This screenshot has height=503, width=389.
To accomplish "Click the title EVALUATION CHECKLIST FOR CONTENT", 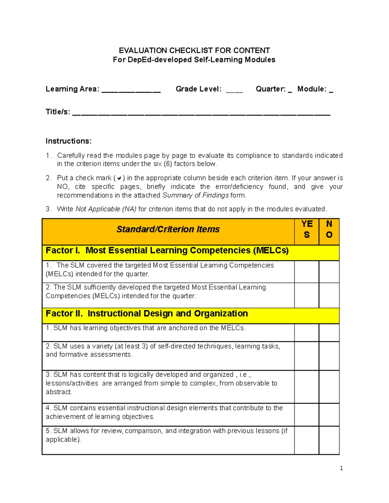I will pyautogui.click(x=194, y=51).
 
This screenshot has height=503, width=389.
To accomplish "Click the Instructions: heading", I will pyautogui.click(x=69, y=141).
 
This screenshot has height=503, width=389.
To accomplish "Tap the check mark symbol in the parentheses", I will pyautogui.click(x=119, y=178).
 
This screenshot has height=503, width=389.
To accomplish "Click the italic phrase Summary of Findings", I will pyautogui.click(x=195, y=195).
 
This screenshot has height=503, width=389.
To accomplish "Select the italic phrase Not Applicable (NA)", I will pyautogui.click(x=106, y=209).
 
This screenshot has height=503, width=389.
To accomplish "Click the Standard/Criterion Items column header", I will pyautogui.click(x=168, y=229).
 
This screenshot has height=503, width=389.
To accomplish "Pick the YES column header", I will pyautogui.click(x=307, y=229).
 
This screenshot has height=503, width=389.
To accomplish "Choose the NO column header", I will pyautogui.click(x=329, y=229).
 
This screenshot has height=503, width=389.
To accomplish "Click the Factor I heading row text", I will pyautogui.click(x=167, y=251).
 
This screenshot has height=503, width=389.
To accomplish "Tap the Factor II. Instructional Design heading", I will pyautogui.click(x=147, y=314).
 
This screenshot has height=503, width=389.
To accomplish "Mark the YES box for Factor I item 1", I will pyautogui.click(x=307, y=272).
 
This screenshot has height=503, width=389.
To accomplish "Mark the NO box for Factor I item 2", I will pyautogui.click(x=329, y=295).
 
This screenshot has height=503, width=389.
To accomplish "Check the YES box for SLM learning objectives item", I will pyautogui.click(x=307, y=333).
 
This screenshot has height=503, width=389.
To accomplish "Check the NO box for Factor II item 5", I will pyautogui.click(x=329, y=440).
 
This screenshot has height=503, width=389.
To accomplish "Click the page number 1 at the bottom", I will pyautogui.click(x=341, y=468).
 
